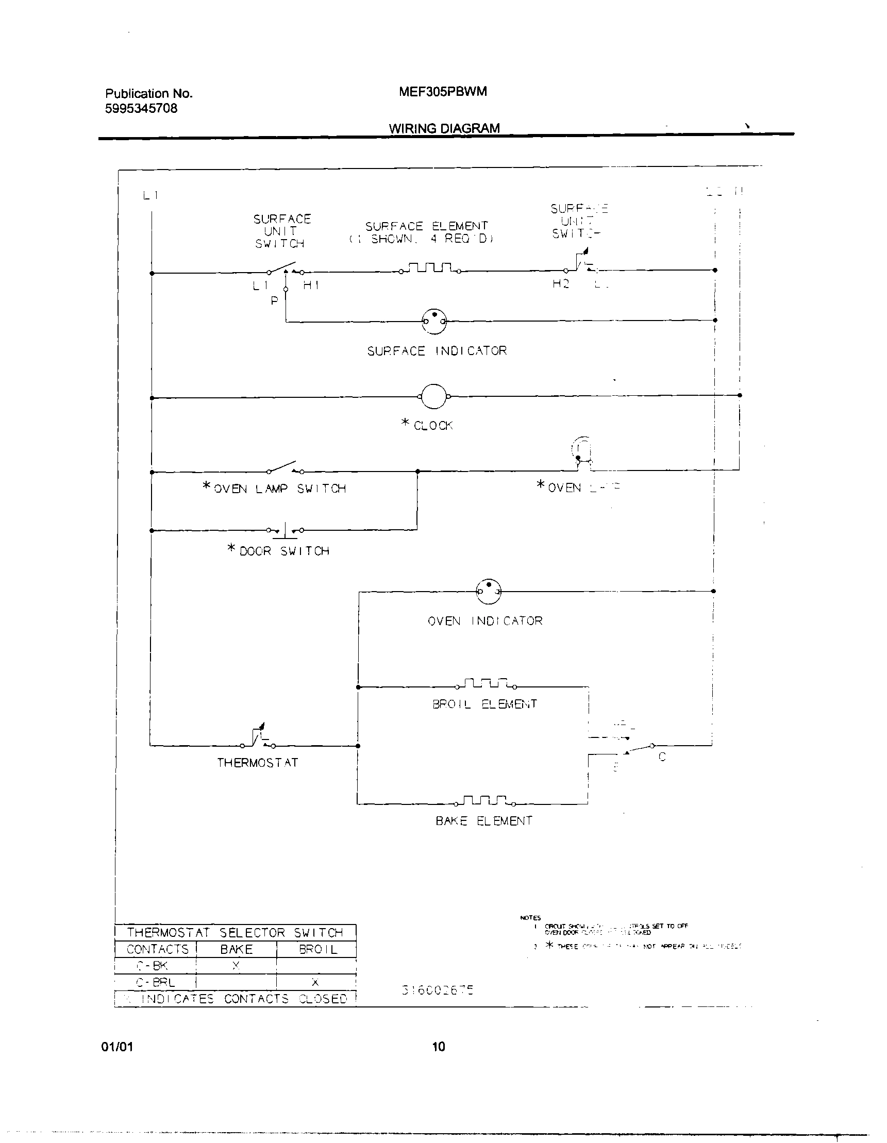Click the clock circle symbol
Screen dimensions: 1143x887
(x=434, y=397)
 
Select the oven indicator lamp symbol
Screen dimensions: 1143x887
(x=488, y=592)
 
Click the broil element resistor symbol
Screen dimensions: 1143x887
(x=486, y=683)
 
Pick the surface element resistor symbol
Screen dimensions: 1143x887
(x=430, y=268)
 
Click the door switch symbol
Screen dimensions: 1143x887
(x=284, y=531)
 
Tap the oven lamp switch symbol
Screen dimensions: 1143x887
(x=284, y=467)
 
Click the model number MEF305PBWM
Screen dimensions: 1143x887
(x=443, y=92)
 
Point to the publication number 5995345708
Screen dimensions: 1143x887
(x=141, y=108)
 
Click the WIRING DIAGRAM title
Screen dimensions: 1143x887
(x=444, y=128)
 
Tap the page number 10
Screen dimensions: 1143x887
(x=439, y=1046)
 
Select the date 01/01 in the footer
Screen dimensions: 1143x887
(x=117, y=1046)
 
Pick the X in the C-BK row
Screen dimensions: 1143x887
(x=236, y=966)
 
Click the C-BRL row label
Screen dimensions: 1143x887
(x=156, y=982)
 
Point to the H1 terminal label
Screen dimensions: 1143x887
(x=311, y=285)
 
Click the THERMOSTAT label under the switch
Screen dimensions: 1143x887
(x=258, y=763)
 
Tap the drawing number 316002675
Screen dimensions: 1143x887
(x=438, y=989)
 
